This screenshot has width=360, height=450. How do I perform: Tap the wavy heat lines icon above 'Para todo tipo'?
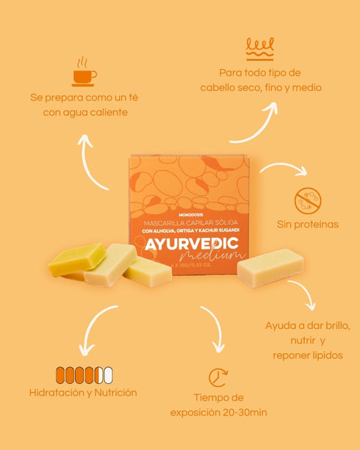click(x=259, y=48)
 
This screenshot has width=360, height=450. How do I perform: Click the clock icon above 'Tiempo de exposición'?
click(x=218, y=378)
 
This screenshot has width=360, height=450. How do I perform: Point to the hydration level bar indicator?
click(x=83, y=374)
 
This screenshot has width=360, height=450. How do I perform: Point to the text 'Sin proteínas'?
click(x=308, y=224)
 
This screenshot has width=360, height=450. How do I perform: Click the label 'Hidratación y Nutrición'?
click(x=83, y=393)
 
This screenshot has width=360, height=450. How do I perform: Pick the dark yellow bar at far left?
click(x=76, y=259)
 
